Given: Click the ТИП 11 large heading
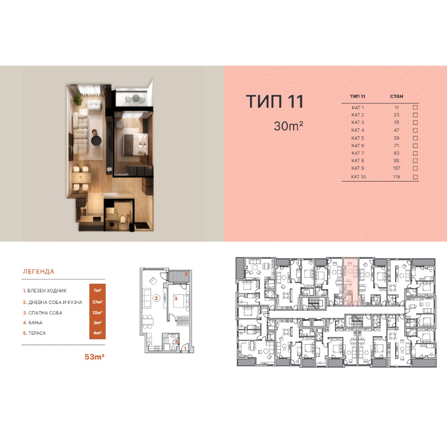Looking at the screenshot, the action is [x=274, y=101].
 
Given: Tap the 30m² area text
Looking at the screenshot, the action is [x=288, y=126].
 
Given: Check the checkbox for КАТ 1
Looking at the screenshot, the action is [x=415, y=107].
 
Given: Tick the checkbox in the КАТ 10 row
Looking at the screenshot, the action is [x=415, y=177].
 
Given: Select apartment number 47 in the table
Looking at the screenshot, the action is [x=396, y=130].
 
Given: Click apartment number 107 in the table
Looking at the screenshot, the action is [x=396, y=168].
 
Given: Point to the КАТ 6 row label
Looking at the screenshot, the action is [x=358, y=146].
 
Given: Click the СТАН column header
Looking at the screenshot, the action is [x=396, y=97].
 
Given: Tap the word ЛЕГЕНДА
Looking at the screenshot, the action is [x=38, y=271].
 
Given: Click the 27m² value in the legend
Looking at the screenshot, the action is [x=97, y=302].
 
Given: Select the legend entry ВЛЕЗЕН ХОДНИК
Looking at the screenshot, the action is [x=47, y=291].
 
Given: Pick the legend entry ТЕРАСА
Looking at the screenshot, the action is [x=37, y=333].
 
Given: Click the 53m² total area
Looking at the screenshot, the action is [x=94, y=357].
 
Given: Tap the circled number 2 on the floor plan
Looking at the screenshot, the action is [x=156, y=298].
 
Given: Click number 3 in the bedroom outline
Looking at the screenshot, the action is [x=176, y=299].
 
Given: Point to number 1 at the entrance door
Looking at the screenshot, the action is [x=186, y=348].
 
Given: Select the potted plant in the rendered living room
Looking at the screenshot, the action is [x=77, y=100].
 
